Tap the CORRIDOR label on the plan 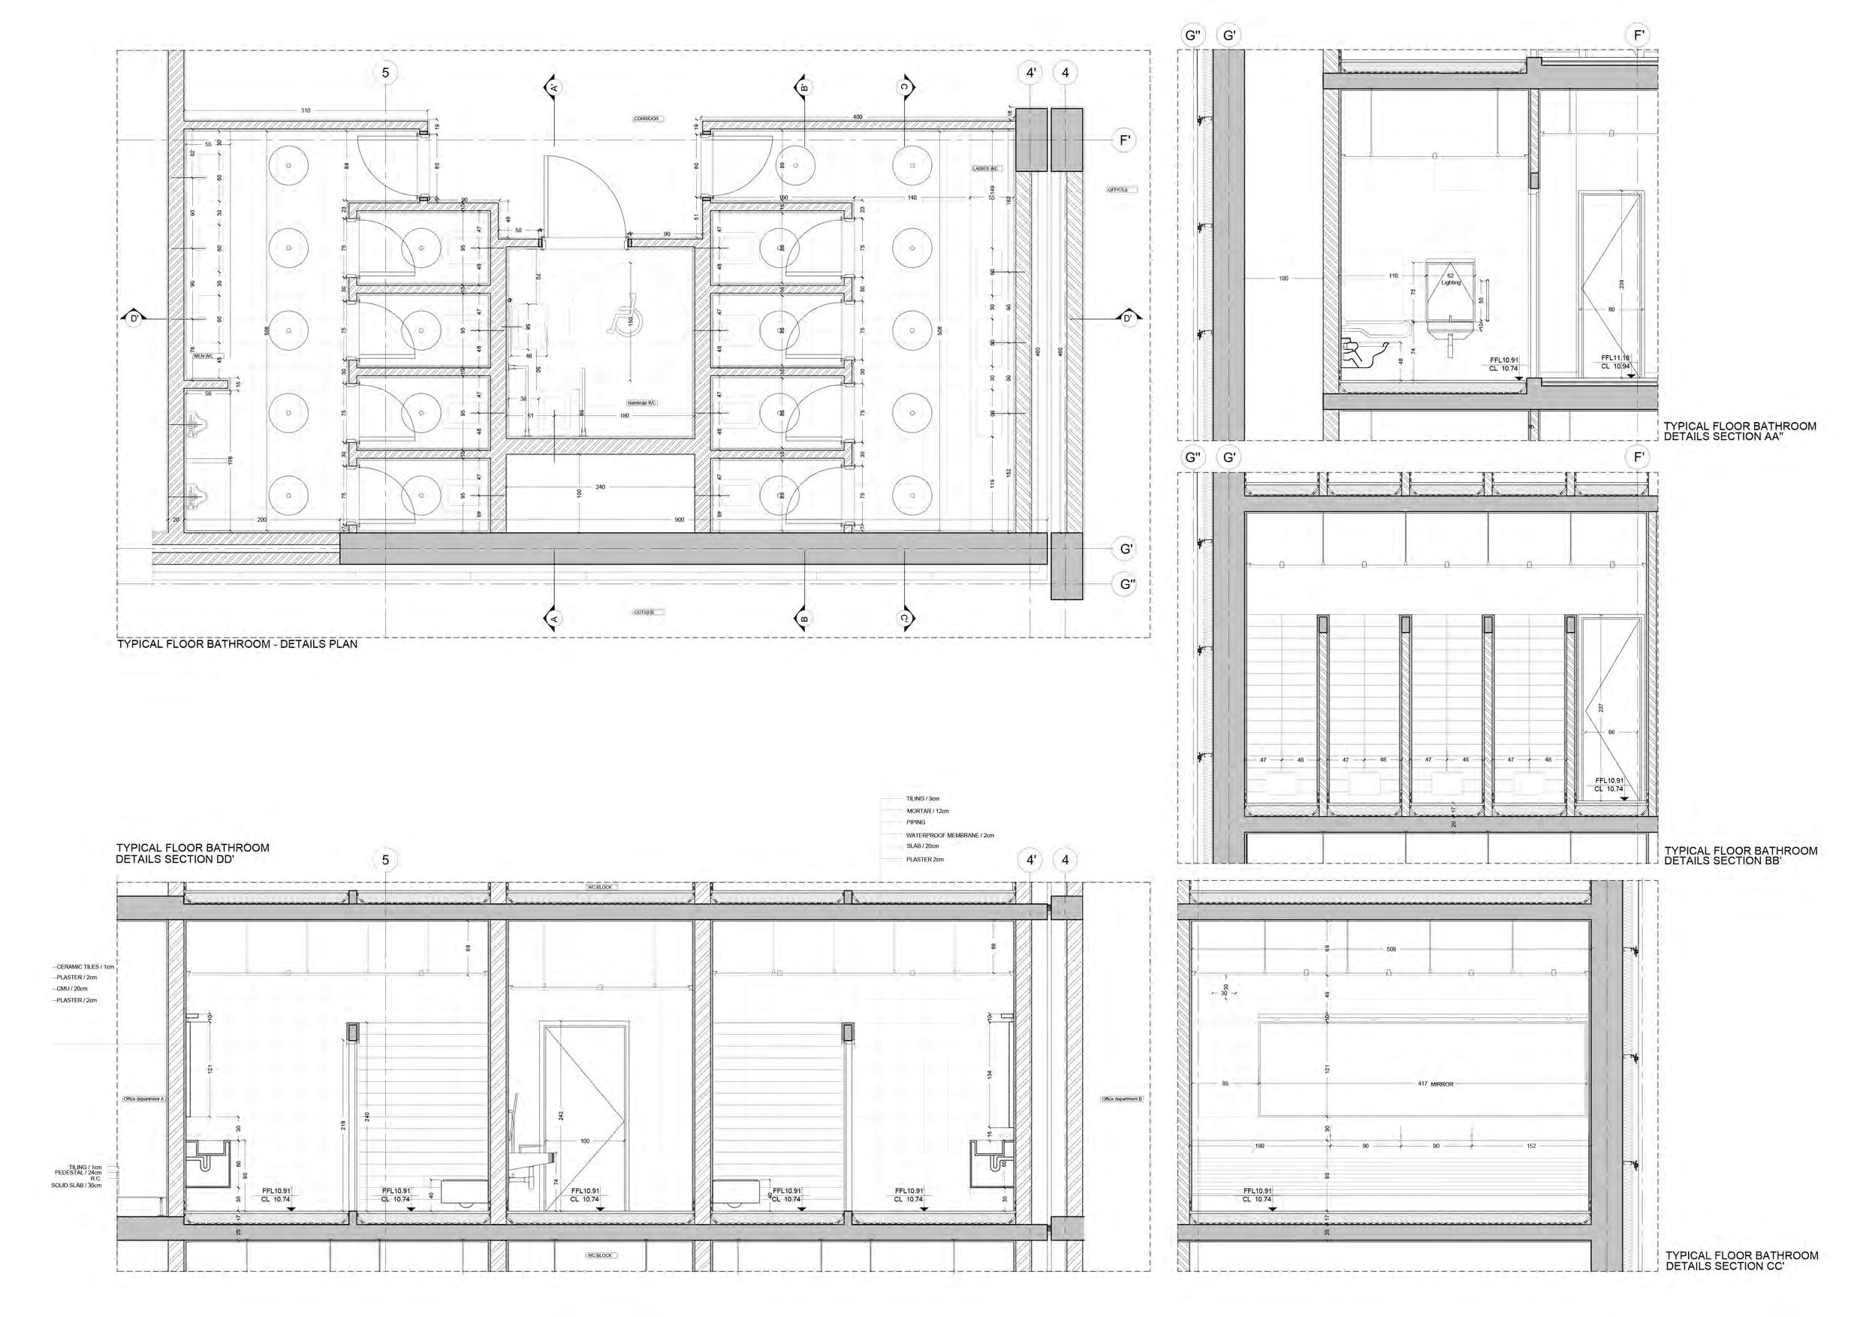(647, 119)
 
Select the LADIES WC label (986, 169)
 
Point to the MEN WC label (203, 354)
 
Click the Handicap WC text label (641, 403)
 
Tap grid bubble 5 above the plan (385, 73)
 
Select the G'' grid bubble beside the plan (1126, 584)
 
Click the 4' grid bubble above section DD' (1030, 860)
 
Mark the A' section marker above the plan (553, 87)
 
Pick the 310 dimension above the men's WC (305, 110)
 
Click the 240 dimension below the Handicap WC (601, 487)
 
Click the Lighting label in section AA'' (1451, 282)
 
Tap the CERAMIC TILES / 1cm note (85, 967)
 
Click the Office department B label (1121, 1099)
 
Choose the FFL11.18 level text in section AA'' (1615, 358)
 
